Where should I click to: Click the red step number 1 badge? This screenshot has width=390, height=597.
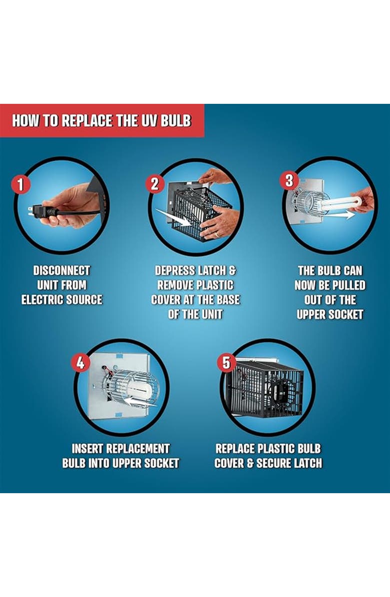(20, 185)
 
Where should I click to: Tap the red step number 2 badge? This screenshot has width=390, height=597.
(155, 184)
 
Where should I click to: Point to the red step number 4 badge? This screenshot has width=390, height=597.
(80, 363)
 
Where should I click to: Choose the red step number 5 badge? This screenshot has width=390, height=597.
(226, 362)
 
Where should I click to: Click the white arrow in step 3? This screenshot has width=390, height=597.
(339, 216)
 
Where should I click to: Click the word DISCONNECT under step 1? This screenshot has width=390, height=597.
(62, 271)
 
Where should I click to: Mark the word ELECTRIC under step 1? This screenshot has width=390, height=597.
(41, 299)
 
